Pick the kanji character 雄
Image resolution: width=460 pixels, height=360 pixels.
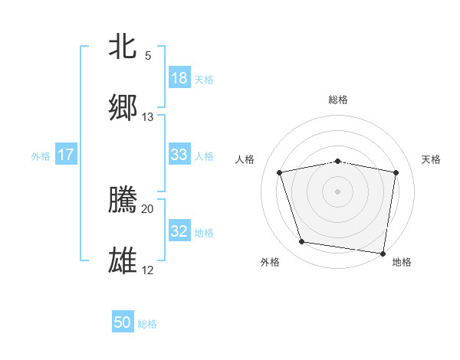click(x=123, y=260)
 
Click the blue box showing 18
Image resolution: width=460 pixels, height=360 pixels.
click(x=179, y=78)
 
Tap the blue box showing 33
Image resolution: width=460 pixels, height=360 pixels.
click(x=179, y=155)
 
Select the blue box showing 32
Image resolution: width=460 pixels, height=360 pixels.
click(x=179, y=231)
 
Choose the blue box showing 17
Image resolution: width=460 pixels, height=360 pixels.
click(x=66, y=155)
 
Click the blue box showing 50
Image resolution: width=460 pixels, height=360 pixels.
click(x=123, y=322)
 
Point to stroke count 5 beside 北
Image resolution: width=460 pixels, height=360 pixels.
click(x=148, y=56)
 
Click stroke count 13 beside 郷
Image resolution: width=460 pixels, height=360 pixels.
click(x=148, y=117)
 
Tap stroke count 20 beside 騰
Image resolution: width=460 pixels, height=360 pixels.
click(x=148, y=208)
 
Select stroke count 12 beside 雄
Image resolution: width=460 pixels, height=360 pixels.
click(x=148, y=270)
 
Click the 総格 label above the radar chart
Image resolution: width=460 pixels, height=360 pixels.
click(x=338, y=100)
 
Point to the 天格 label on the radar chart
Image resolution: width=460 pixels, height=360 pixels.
click(x=432, y=159)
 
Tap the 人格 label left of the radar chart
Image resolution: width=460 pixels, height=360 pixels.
click(x=245, y=159)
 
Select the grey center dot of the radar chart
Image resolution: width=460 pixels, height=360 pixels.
click(x=338, y=191)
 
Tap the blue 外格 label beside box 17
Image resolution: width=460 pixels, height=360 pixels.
click(x=41, y=155)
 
